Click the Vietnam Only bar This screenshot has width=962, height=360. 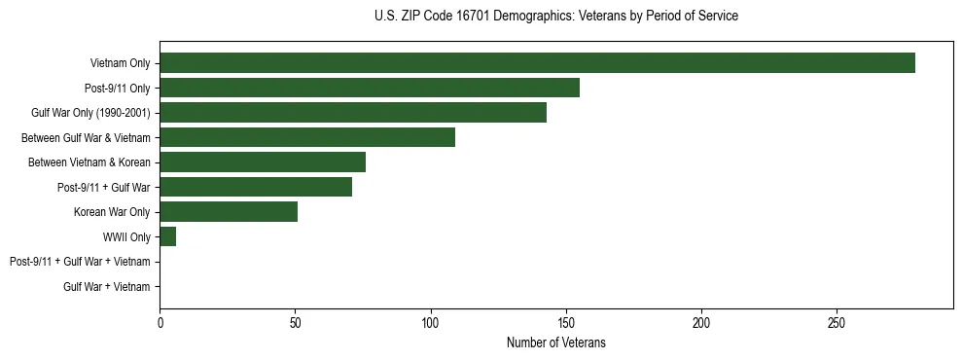[537, 63]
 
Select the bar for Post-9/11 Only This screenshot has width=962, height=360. [370, 88]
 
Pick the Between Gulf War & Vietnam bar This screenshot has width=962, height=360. [307, 137]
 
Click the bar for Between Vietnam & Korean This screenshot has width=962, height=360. [263, 162]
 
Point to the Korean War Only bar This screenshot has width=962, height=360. [229, 212]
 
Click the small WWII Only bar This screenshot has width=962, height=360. [167, 236]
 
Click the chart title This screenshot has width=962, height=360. [555, 17]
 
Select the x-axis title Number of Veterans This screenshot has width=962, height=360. [555, 343]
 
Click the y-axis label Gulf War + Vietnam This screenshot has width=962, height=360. [107, 287]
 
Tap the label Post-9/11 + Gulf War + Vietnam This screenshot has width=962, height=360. [80, 262]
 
